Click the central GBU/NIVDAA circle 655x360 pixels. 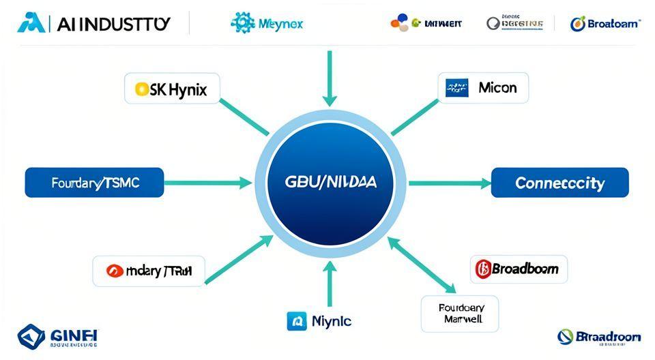click(330, 183)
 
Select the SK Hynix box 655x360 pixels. click(172, 89)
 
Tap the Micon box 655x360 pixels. click(483, 88)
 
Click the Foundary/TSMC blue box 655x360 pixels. click(94, 183)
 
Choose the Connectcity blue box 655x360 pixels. click(559, 183)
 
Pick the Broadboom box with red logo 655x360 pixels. click(519, 269)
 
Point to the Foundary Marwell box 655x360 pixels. click(459, 313)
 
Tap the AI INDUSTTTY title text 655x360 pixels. click(96, 23)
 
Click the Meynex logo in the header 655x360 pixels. click(267, 23)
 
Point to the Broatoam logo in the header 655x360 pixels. click(605, 23)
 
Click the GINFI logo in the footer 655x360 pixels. click(59, 337)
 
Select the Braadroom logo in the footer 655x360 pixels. click(599, 337)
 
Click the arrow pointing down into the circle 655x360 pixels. click(330, 78)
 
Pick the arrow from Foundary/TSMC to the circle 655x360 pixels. click(207, 183)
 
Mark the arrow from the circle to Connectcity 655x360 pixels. click(450, 183)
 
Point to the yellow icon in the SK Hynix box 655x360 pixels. click(141, 89)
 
